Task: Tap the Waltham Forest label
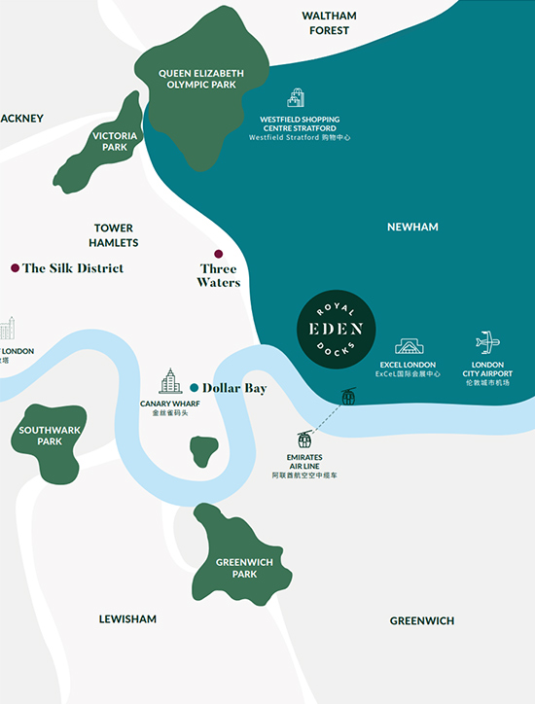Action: click(x=329, y=23)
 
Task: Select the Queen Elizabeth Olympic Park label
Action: click(x=201, y=79)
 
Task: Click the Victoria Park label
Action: click(x=115, y=142)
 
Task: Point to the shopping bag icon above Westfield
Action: click(x=296, y=98)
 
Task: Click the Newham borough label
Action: click(x=412, y=227)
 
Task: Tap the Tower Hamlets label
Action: click(x=114, y=235)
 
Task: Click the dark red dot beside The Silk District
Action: click(x=15, y=267)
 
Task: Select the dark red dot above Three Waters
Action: click(x=218, y=254)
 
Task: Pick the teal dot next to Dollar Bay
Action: click(x=194, y=387)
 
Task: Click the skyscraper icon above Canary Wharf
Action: click(x=170, y=381)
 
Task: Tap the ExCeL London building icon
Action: click(x=409, y=346)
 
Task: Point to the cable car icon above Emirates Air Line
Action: click(x=304, y=440)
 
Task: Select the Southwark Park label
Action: click(x=51, y=436)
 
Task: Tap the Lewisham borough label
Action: click(x=127, y=618)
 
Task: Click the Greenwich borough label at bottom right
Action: click(x=421, y=620)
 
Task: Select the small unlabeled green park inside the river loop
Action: click(x=203, y=450)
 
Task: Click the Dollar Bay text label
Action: click(x=234, y=387)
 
